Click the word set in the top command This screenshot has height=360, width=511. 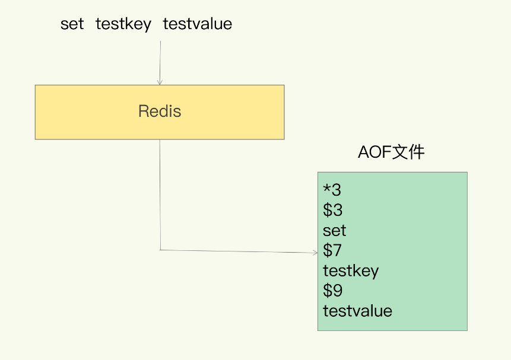pos(72,24)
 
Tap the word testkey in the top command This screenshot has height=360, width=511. pos(123,24)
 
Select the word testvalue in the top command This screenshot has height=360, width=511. pos(197,24)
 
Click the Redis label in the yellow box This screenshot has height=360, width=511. pos(160,111)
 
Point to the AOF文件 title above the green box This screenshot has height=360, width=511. pos(391,152)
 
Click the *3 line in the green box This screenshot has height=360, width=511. pos(332,190)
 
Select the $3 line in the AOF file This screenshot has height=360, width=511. pos(333,210)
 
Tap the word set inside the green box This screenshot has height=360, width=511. pos(334,231)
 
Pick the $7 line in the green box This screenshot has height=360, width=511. pos(332,251)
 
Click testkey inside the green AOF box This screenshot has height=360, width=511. pos(351,271)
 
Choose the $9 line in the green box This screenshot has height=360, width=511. pos(333,291)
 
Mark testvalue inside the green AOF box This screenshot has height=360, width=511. pos(357,311)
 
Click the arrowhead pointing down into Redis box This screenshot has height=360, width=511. pos(160,82)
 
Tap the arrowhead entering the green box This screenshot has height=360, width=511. pos(315,253)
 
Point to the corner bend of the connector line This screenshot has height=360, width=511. pos(160,250)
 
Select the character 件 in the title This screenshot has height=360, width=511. pos(417,152)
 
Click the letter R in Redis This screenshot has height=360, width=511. pos(143,111)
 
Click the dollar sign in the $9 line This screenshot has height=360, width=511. pos(328,291)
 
